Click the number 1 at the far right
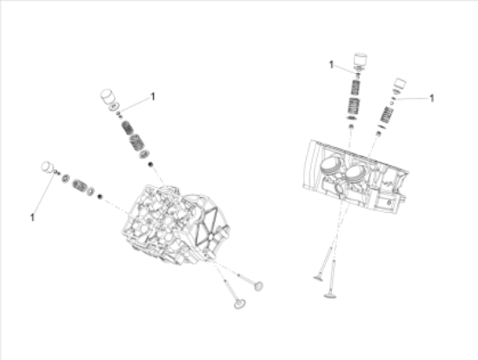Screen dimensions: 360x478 pos(431,98)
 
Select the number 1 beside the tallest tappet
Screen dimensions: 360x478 pos(331,64)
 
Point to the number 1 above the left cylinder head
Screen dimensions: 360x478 pos(153,97)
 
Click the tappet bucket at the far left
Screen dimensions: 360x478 pos(48,167)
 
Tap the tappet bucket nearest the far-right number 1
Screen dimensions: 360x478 pos(401,86)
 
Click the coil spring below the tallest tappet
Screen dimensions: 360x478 pos(354,106)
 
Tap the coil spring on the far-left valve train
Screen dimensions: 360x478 pos(80,184)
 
